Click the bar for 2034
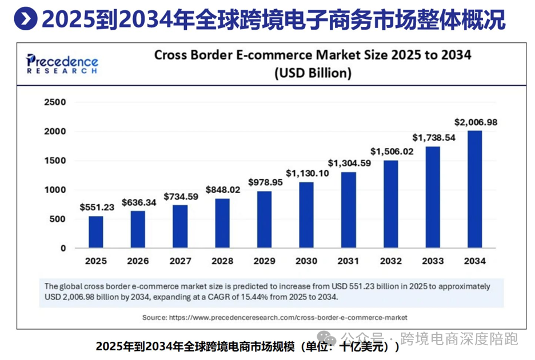tap(475, 190)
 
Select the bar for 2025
tap(96, 232)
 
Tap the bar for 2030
tap(306, 215)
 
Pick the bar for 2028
tap(222, 223)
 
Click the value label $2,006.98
tap(476, 122)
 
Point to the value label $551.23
tap(96, 207)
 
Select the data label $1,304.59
tap(349, 163)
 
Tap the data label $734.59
tap(180, 197)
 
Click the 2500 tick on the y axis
tap(55, 102)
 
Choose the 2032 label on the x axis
tap(391, 261)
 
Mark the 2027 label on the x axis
tap(180, 261)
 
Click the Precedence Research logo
tap(62, 63)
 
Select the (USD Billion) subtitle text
tap(313, 73)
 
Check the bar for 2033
tap(433, 197)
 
